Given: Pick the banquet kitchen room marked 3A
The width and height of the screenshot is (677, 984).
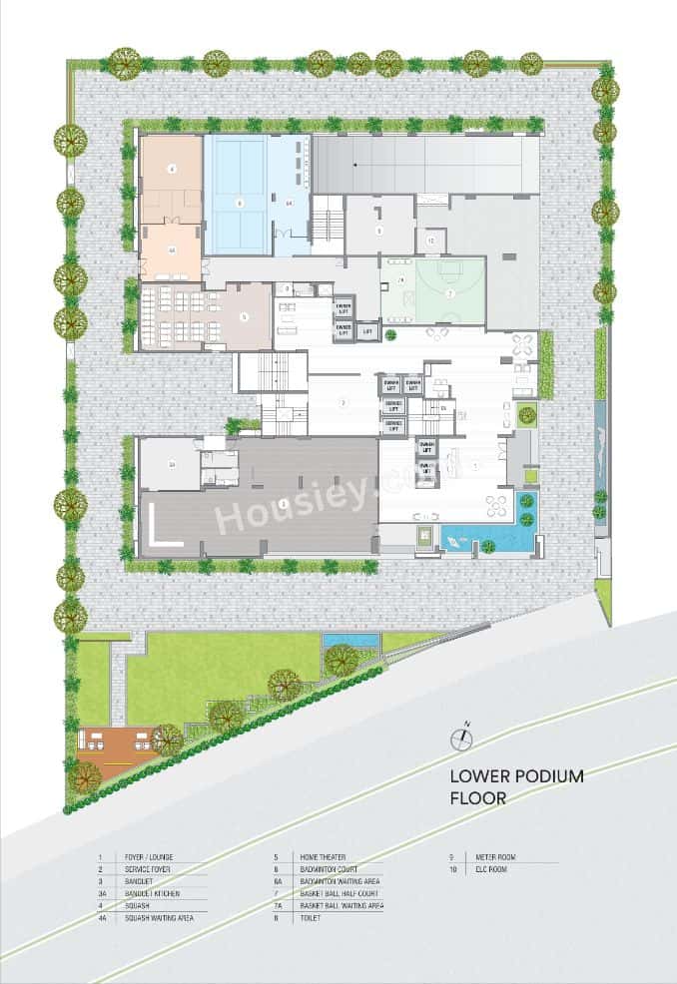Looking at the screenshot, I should point(169,465).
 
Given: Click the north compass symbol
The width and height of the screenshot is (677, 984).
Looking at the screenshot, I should point(461,739).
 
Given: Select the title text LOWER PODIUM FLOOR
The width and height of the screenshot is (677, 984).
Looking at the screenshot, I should point(516,785).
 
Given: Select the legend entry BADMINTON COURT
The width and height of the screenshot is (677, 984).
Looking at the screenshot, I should point(329,869).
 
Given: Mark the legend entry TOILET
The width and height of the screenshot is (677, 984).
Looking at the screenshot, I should point(309,917).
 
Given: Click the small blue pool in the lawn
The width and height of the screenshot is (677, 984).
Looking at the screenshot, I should point(350,639).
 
